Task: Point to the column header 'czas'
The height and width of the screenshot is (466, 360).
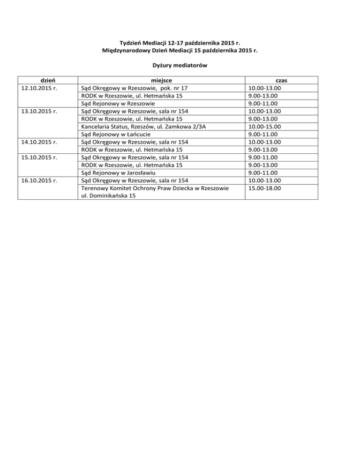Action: pos(281,80)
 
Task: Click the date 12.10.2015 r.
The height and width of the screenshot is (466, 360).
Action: pos(39,88)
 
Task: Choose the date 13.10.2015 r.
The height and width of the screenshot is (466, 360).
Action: pos(39,111)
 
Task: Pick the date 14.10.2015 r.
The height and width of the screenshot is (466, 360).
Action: pos(39,142)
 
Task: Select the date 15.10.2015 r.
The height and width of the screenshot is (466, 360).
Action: pos(39,157)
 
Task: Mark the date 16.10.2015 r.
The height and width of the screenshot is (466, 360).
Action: pos(39,180)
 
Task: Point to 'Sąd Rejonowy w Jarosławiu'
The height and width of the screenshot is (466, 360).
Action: pos(120,173)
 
